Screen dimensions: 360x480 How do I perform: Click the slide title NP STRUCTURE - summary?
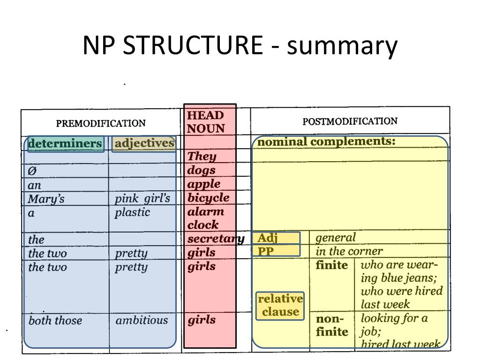(240, 46)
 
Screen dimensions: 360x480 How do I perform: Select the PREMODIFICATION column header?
(101, 123)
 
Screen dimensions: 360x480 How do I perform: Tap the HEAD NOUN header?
(206, 122)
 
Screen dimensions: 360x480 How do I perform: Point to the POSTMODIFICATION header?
(350, 121)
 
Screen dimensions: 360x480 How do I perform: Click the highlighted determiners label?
(65, 143)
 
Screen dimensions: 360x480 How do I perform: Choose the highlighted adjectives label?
(144, 143)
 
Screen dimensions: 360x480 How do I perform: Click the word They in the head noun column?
(202, 156)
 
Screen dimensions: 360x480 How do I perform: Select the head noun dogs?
(202, 170)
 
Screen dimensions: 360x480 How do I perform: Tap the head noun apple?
(204, 184)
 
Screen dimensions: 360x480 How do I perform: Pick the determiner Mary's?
(46, 199)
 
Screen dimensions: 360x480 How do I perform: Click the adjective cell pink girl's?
(142, 198)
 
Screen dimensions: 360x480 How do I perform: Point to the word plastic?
(133, 212)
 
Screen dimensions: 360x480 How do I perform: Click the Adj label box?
(277, 238)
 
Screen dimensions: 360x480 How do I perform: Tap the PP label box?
(277, 251)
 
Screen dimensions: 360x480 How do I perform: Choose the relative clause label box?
(280, 305)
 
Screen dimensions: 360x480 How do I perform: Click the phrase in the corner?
(349, 251)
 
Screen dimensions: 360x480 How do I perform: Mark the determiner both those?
(55, 321)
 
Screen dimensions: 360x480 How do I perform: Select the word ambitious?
(142, 320)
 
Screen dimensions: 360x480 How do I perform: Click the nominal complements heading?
(327, 142)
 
